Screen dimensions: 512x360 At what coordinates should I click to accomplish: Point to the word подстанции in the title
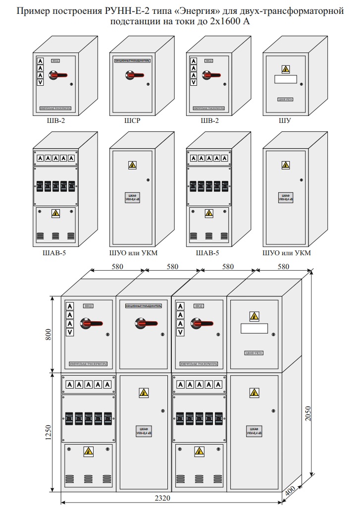(135, 21)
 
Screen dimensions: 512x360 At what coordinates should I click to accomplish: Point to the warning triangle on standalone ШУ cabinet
(285, 69)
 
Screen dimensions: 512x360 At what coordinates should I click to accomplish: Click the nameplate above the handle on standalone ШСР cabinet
(131, 60)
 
